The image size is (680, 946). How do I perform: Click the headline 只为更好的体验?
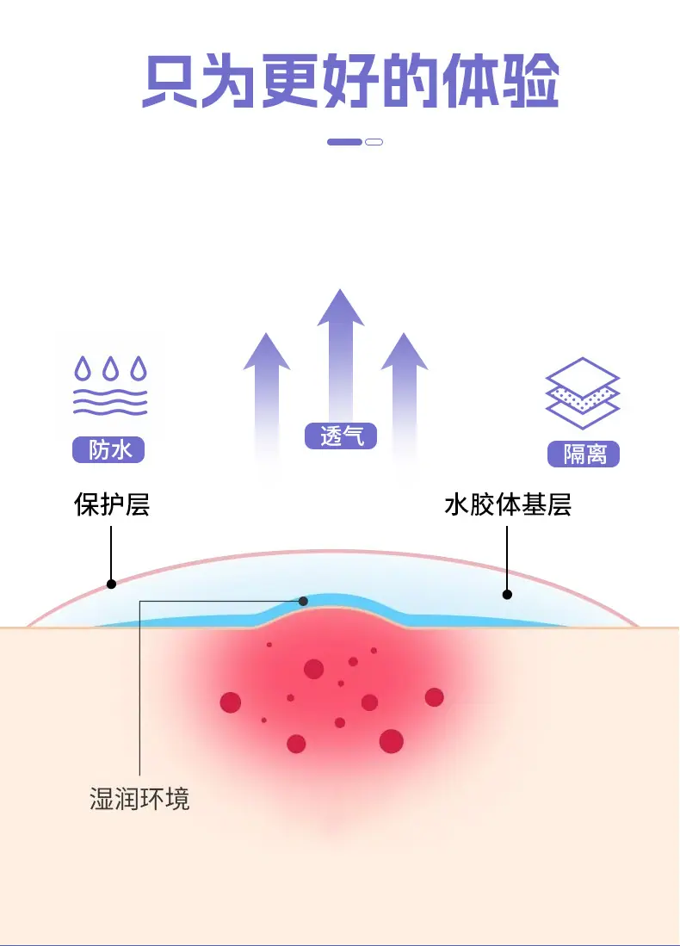pyautogui.click(x=350, y=81)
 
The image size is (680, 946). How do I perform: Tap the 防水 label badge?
pyautogui.click(x=108, y=449)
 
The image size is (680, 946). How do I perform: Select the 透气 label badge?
pyautogui.click(x=341, y=436)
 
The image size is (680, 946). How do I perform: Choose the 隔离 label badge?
pyautogui.click(x=584, y=454)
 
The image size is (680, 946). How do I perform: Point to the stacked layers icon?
pyautogui.click(x=583, y=393)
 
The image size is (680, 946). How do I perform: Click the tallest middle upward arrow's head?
pyautogui.click(x=341, y=307)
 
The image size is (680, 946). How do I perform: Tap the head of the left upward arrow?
pyautogui.click(x=267, y=351)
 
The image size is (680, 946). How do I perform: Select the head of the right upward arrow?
pyautogui.click(x=405, y=351)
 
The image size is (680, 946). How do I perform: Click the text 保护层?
pyautogui.click(x=112, y=504)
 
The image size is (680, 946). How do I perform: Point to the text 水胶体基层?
pyautogui.click(x=508, y=504)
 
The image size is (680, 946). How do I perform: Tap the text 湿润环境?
pyautogui.click(x=139, y=799)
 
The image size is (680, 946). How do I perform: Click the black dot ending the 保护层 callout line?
pyautogui.click(x=111, y=584)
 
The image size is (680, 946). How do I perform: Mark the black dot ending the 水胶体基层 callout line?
pyautogui.click(x=508, y=594)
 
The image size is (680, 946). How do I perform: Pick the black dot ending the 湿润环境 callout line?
pyautogui.click(x=304, y=601)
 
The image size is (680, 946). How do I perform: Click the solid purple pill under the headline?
pyautogui.click(x=344, y=142)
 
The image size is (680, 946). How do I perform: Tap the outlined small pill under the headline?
pyautogui.click(x=374, y=142)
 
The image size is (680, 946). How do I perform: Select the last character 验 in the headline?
pyautogui.click(x=530, y=81)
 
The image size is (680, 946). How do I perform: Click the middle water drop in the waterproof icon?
pyautogui.click(x=110, y=368)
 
